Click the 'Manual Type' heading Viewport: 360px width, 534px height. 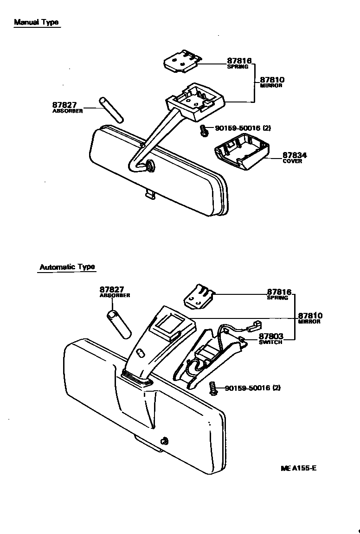36,22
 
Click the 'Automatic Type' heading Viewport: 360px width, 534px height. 67,267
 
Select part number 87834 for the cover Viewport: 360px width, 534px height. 295,155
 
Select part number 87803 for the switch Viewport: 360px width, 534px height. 270,336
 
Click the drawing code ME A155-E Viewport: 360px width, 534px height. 298,468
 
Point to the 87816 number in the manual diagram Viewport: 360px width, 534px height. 239,61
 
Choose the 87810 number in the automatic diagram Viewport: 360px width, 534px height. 310,316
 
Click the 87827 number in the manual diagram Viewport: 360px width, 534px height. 64,106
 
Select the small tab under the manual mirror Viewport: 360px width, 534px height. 149,194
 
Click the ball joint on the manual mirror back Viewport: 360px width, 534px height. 150,165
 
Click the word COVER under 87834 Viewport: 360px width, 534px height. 292,161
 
